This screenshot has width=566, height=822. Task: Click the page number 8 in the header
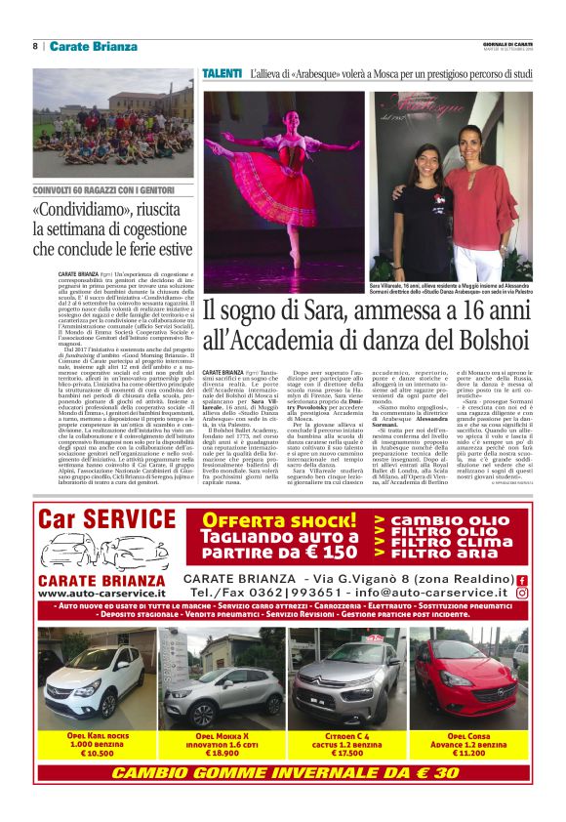35,46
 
